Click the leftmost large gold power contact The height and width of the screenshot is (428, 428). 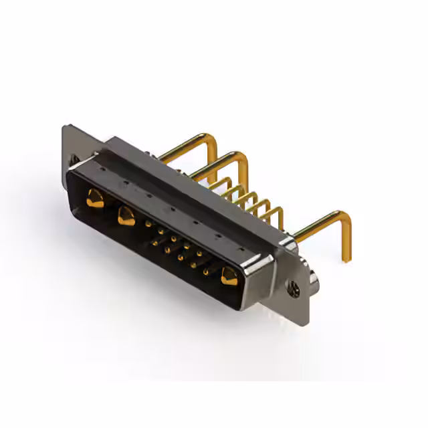(x=96, y=199)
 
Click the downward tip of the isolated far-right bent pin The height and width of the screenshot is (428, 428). (x=346, y=258)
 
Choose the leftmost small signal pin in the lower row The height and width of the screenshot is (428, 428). (x=155, y=243)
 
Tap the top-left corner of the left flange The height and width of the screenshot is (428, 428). (x=64, y=127)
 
